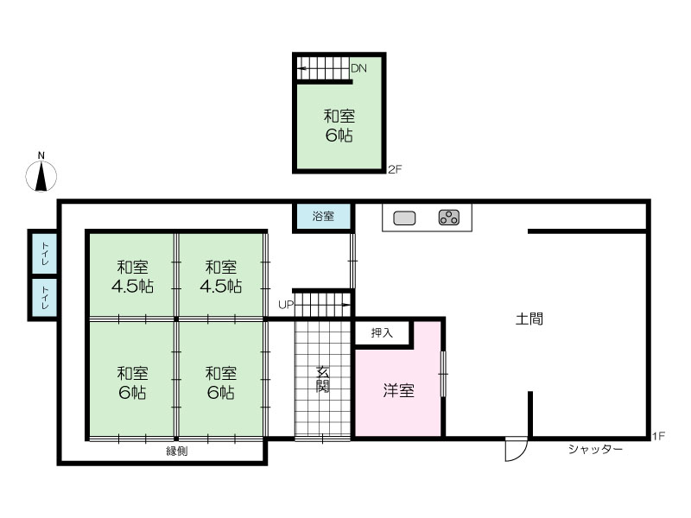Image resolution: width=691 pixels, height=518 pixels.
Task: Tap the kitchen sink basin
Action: coord(404,218)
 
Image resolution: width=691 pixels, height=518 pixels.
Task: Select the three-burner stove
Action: coord(448,218)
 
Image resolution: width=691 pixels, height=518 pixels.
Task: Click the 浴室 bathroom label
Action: coord(323,216)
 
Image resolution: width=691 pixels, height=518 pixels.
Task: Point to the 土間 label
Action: coord(529,319)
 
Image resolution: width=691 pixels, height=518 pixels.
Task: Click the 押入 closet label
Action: coord(382,332)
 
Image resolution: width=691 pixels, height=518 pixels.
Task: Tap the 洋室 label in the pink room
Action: coord(398,391)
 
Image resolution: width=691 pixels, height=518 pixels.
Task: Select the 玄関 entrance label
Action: coord(322,379)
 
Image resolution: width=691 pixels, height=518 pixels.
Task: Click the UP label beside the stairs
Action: coord(286,305)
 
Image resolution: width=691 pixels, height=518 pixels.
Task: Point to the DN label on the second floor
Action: coord(358,68)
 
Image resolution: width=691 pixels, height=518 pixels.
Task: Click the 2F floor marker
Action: coord(395,169)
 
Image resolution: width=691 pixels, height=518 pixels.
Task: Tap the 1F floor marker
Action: coord(658,436)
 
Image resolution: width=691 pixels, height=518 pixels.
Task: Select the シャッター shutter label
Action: coord(595,449)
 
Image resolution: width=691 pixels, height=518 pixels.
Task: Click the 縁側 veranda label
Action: coord(177,451)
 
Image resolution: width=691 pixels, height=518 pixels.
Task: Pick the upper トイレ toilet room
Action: coord(45,253)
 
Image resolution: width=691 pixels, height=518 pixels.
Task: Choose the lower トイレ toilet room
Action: coord(45,297)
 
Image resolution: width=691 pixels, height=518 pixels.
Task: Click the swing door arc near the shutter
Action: coord(523,454)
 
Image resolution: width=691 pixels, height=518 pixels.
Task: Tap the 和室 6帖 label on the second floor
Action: coord(339,125)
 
